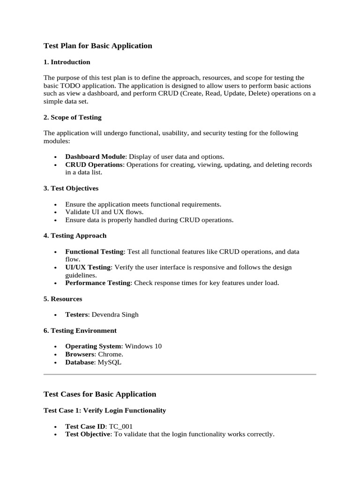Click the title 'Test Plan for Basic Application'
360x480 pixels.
pyautogui.click(x=98, y=46)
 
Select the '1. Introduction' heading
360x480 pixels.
pyautogui.click(x=67, y=62)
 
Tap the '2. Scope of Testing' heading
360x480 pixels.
pyautogui.click(x=73, y=117)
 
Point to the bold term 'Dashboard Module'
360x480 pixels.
pyautogui.click(x=95, y=157)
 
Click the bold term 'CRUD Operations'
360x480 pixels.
pyautogui.click(x=94, y=165)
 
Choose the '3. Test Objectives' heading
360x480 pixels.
pyautogui.click(x=71, y=188)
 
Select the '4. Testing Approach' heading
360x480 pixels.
pyautogui.click(x=75, y=235)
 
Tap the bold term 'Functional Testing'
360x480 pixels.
pyautogui.click(x=94, y=252)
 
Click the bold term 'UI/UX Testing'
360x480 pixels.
pyautogui.click(x=88, y=267)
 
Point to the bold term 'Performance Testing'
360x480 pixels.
pyautogui.click(x=97, y=283)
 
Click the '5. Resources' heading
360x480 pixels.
pyautogui.click(x=63, y=299)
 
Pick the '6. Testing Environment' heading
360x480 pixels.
pyautogui.click(x=80, y=330)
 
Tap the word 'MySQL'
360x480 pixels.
pyautogui.click(x=110, y=362)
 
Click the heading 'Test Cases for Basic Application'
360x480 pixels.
pyautogui.click(x=100, y=394)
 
